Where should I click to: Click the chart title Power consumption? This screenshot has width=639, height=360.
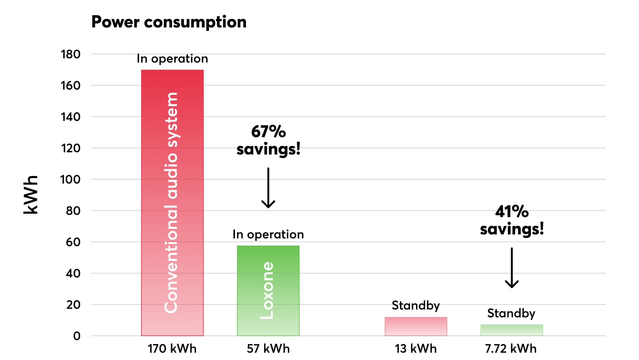[169, 22]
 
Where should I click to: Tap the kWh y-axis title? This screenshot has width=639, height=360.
[31, 194]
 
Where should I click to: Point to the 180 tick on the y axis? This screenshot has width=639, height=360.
[71, 54]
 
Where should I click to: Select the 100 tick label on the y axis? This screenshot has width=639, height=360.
[70, 180]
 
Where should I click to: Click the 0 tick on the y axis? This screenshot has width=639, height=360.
[77, 336]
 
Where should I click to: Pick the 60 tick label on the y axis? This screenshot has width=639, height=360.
[73, 242]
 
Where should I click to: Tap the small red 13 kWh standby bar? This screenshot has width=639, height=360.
[416, 326]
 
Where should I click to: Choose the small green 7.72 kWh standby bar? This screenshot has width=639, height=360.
[512, 330]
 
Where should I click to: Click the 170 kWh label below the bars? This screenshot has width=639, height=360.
[172, 349]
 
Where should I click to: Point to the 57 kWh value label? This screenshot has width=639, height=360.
[268, 349]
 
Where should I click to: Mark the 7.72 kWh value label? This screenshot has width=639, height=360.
[511, 349]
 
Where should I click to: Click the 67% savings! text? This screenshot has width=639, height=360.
[268, 140]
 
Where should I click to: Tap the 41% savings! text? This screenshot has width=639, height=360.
[512, 220]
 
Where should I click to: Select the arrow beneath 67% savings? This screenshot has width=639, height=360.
[268, 188]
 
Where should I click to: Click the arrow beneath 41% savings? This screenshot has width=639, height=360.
[512, 268]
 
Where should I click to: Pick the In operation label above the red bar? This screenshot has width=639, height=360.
[172, 59]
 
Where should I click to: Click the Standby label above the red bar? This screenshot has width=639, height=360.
[416, 305]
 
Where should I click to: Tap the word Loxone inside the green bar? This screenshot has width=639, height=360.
[267, 290]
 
